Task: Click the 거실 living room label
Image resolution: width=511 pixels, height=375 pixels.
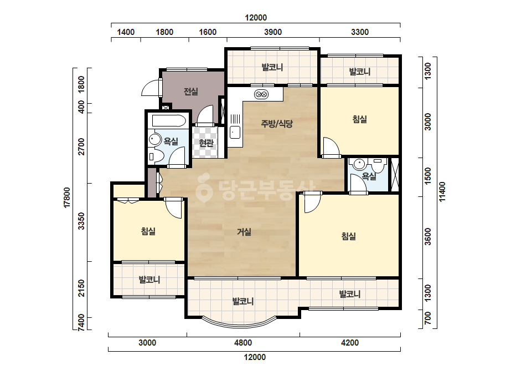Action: pos(244,232)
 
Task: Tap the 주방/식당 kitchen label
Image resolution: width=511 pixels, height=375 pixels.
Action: pos(277,124)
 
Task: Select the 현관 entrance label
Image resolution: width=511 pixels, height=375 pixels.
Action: pos(206,143)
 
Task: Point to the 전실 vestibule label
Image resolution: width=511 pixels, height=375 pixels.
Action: pos(190,91)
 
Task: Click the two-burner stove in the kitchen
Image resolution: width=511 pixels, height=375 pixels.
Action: pos(261,95)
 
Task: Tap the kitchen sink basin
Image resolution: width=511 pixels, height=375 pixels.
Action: pos(235,132)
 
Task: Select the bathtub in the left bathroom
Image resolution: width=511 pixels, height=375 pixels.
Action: pos(169,121)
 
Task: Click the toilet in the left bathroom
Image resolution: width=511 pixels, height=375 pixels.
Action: pos(156,156)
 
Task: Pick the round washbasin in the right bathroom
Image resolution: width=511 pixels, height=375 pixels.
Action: pos(359,164)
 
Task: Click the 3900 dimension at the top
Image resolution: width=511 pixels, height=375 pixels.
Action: pos(273,32)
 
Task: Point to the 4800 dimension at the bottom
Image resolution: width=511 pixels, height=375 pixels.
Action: pos(243,343)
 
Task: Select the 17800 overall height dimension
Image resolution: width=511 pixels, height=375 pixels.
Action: pos(67,197)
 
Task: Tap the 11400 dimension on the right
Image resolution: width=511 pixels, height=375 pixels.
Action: pos(442,192)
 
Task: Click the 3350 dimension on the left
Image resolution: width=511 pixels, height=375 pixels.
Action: pos(81,221)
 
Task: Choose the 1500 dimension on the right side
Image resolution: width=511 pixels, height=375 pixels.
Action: pos(428,176)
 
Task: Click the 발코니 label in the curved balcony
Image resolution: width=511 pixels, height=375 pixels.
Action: pos(243,301)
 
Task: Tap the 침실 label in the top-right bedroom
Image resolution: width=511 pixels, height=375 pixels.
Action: pos(360,119)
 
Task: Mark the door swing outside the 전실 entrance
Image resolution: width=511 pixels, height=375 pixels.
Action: pos(152,88)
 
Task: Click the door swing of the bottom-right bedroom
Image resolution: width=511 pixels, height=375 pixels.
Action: pos(313,202)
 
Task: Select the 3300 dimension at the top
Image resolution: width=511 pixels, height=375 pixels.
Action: pos(360,32)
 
